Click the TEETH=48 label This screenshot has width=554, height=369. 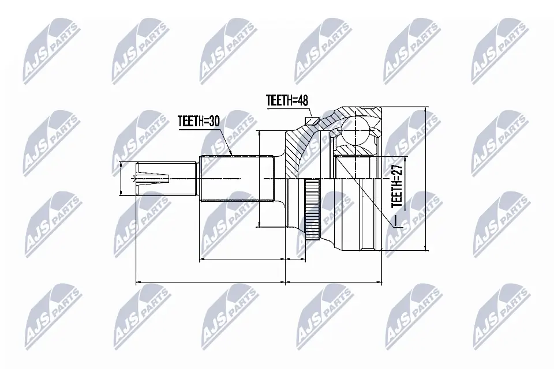pyautogui.click(x=287, y=100)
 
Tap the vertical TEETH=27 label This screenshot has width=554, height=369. pyautogui.click(x=396, y=185)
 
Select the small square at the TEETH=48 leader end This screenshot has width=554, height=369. pyautogui.click(x=312, y=120)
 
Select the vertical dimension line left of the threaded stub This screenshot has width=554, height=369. pyautogui.click(x=121, y=178)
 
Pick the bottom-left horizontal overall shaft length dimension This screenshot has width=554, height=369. pyautogui.click(x=210, y=283)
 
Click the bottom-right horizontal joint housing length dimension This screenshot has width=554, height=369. pyautogui.click(x=335, y=283)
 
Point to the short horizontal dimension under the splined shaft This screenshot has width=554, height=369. pyautogui.click(x=242, y=260)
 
